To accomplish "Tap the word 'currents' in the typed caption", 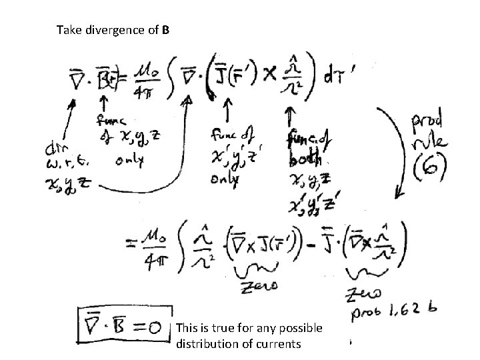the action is click(x=281, y=344).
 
